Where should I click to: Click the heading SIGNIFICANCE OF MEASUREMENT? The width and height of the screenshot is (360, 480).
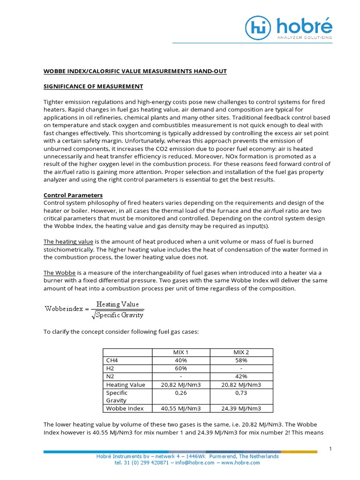click(93, 87)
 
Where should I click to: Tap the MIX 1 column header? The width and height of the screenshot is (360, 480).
click(180, 352)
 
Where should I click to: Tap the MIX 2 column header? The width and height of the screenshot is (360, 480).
click(241, 352)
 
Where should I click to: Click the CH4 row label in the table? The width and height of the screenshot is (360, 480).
click(112, 360)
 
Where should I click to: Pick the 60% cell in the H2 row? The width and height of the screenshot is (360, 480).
click(180, 368)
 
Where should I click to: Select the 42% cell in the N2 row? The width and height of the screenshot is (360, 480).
click(241, 376)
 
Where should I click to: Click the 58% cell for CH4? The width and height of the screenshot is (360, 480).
click(241, 360)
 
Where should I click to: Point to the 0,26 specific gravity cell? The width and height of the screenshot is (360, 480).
click(180, 393)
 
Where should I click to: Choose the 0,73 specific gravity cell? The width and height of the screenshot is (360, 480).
click(241, 393)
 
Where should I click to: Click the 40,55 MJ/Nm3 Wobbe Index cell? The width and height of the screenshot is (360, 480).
click(180, 408)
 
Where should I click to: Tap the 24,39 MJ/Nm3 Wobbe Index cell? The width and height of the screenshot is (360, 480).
click(241, 408)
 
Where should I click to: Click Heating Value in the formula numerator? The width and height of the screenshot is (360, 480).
click(118, 304)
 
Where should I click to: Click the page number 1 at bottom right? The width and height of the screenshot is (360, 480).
click(330, 449)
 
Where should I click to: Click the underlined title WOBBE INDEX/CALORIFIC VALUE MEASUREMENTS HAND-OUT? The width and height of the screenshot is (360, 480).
click(135, 71)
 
